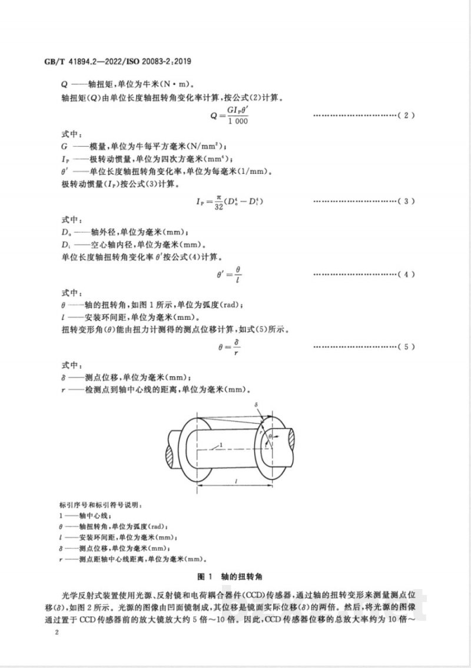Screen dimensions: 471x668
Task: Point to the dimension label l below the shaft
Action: pyautogui.click(x=235, y=482)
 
